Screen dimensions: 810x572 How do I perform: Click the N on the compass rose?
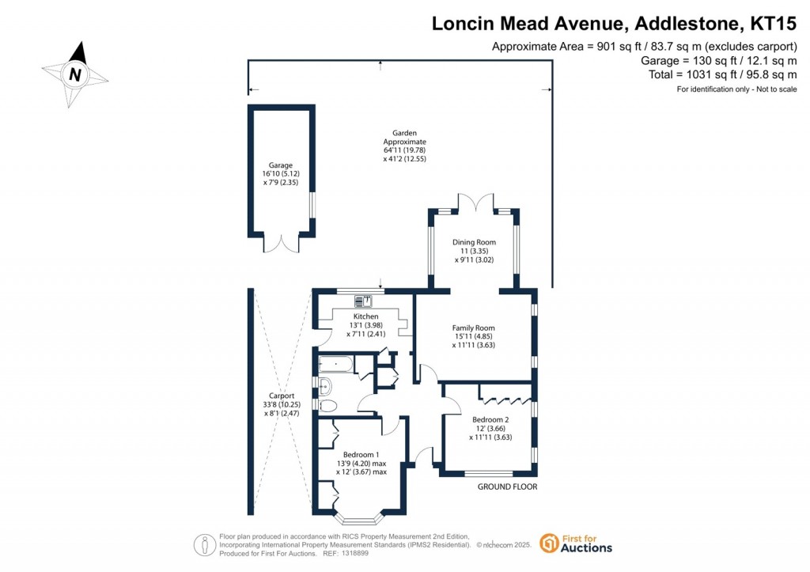[x=75, y=75]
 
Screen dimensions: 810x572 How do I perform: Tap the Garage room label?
[x=281, y=165]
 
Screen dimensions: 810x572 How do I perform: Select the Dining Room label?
[x=475, y=242]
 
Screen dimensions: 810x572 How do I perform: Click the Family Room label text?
[x=473, y=328]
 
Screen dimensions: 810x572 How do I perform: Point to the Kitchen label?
[x=365, y=316]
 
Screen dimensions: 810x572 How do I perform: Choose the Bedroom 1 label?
[x=361, y=455]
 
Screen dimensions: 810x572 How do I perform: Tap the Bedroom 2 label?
[x=490, y=419]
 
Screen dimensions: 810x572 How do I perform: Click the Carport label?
[x=282, y=396]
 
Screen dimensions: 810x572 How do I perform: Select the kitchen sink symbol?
[x=363, y=301]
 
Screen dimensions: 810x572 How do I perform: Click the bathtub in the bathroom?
[x=335, y=364]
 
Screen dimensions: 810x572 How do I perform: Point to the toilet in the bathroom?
[x=327, y=406]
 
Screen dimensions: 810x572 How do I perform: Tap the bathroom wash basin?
[x=324, y=385]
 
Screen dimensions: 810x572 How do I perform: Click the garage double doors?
[x=281, y=244]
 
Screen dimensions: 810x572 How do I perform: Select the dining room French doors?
[x=475, y=203]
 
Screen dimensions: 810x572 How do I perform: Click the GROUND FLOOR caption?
[x=507, y=487]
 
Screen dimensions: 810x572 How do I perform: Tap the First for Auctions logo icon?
[x=549, y=543]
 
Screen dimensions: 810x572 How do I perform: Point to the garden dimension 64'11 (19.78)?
[x=404, y=150]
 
